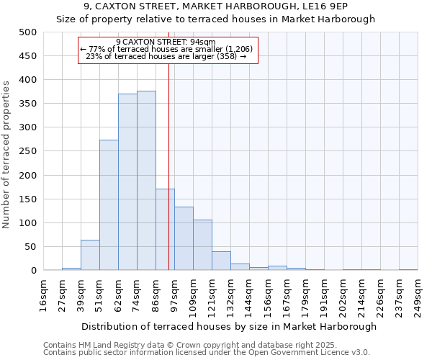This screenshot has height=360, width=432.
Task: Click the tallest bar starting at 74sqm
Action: pyautogui.click(x=146, y=181)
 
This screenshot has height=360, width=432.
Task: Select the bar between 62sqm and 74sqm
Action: pyautogui.click(x=127, y=182)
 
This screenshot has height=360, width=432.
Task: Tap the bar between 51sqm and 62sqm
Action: pyautogui.click(x=109, y=205)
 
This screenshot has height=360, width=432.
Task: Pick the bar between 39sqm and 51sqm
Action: pyautogui.click(x=90, y=256)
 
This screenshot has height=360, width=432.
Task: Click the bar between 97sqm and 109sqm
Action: pyautogui.click(x=184, y=239)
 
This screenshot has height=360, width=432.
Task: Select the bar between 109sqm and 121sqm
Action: pyautogui.click(x=202, y=246)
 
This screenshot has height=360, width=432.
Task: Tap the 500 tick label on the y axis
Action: pyautogui.click(x=28, y=32)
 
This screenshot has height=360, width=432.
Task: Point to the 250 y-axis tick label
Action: pyautogui.click(x=28, y=151)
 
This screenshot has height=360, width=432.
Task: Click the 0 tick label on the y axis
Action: pyautogui.click(x=33, y=271)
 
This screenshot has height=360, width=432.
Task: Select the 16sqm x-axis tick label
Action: pyautogui.click(x=43, y=294)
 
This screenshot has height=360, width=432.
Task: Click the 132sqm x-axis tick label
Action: pyautogui.click(x=230, y=294)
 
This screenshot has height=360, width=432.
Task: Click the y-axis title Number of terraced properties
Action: pyautogui.click(x=6, y=155)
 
